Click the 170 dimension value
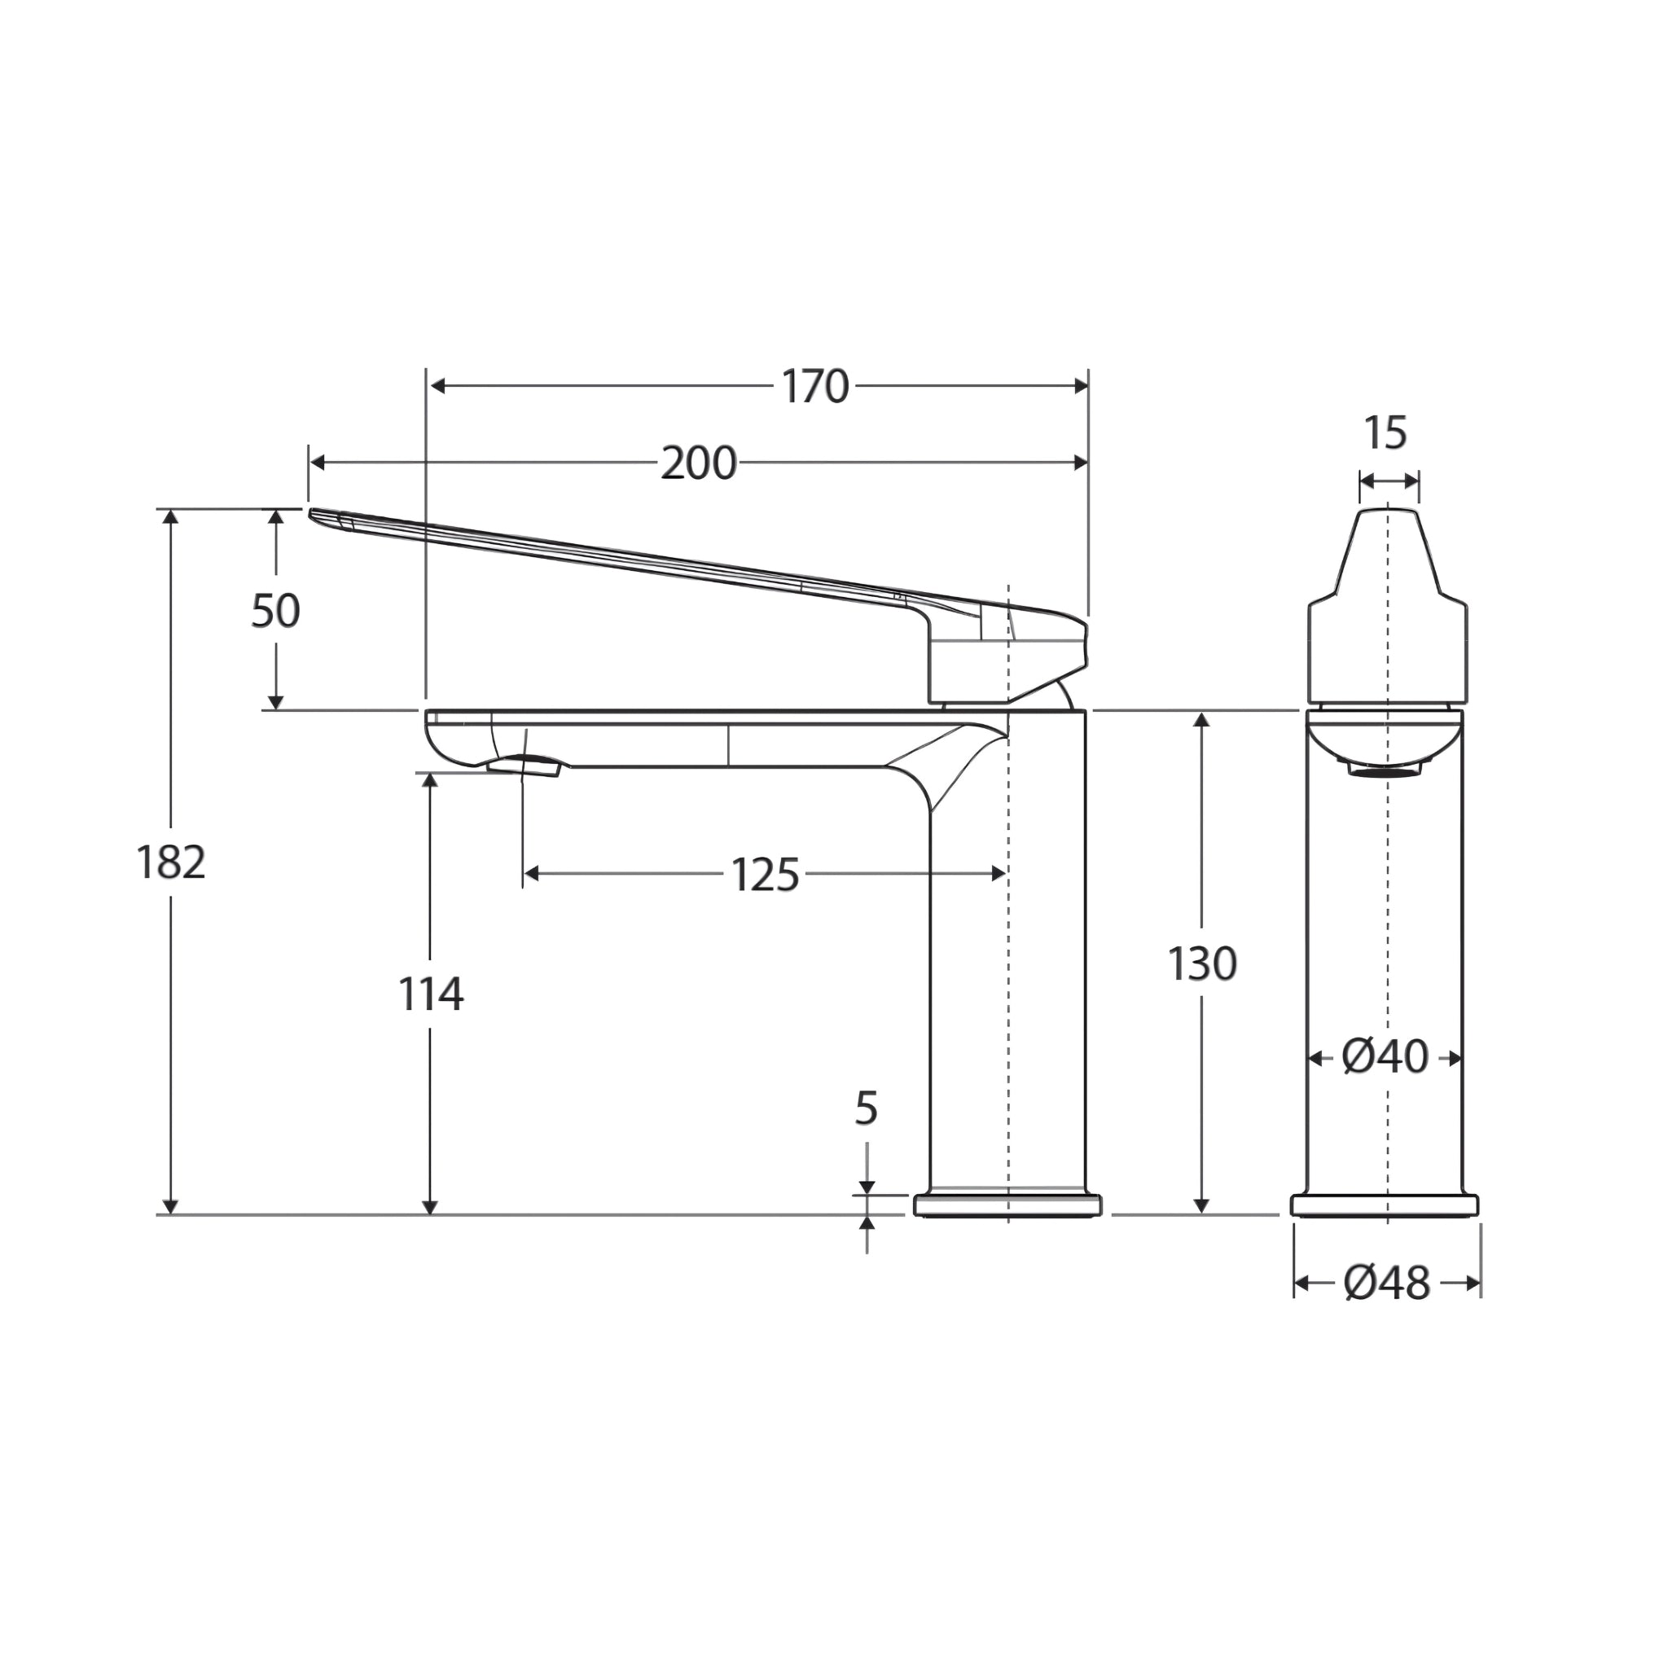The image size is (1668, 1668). pyautogui.click(x=815, y=387)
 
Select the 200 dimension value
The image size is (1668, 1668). pyautogui.click(x=698, y=463)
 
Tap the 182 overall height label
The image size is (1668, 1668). pyautogui.click(x=171, y=863)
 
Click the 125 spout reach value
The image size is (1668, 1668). pyautogui.click(x=765, y=875)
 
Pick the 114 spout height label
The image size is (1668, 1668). pyautogui.click(x=431, y=994)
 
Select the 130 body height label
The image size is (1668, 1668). pyautogui.click(x=1202, y=964)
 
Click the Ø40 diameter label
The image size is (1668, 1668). pyautogui.click(x=1385, y=1056)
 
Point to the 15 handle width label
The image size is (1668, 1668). pyautogui.click(x=1385, y=433)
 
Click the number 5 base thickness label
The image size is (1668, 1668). pyautogui.click(x=866, y=1108)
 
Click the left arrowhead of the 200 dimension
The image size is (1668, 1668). pyautogui.click(x=316, y=463)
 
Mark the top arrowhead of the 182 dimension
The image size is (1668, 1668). pyautogui.click(x=171, y=516)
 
